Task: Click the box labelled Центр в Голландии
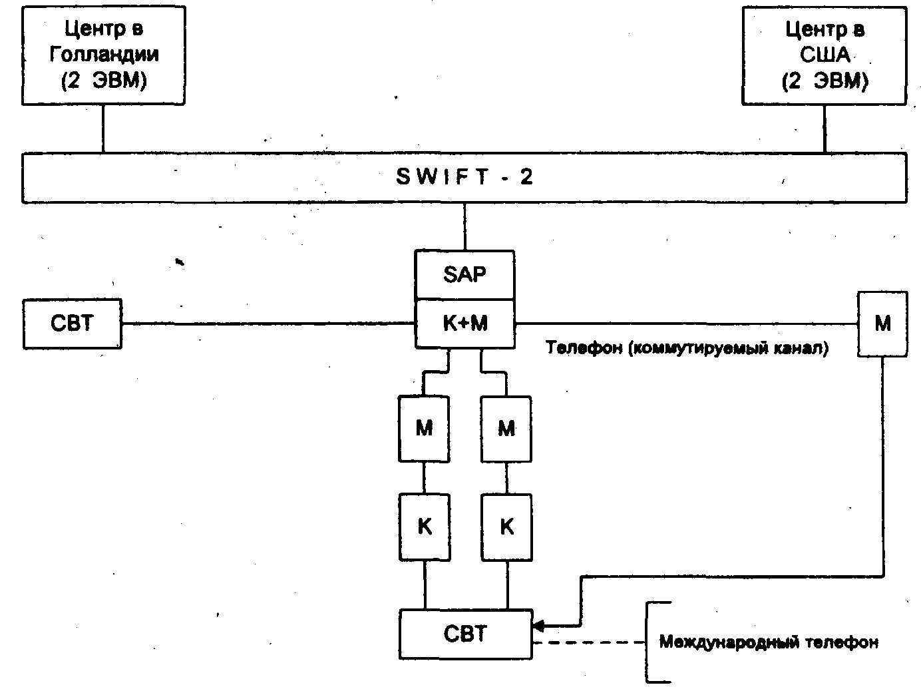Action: (x=103, y=55)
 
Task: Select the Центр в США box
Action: (x=824, y=55)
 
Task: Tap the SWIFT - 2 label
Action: (x=464, y=177)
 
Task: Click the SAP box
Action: (x=464, y=274)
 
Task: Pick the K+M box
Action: (x=464, y=324)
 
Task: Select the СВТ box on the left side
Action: (x=73, y=324)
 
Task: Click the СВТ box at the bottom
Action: (x=466, y=633)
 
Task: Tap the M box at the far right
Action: (x=882, y=324)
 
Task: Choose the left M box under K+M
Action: (x=424, y=428)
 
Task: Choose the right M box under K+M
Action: (x=506, y=428)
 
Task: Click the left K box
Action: (x=424, y=527)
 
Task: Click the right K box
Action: (x=506, y=527)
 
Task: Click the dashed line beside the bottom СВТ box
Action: (x=589, y=643)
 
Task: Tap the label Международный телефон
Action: (x=769, y=642)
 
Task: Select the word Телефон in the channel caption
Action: (x=583, y=348)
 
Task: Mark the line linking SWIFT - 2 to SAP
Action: (x=464, y=226)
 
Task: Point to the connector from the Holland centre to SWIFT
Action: (x=103, y=128)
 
